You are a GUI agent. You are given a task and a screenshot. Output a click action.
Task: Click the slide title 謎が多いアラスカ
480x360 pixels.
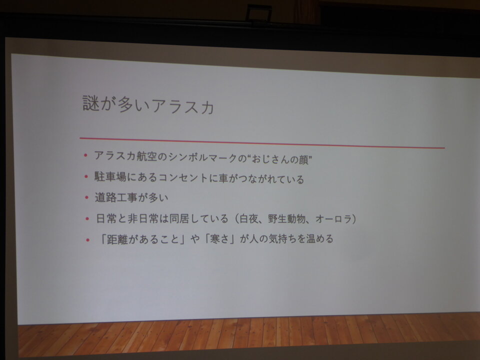(x=148, y=105)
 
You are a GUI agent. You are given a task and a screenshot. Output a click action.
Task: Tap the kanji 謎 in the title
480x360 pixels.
(x=91, y=103)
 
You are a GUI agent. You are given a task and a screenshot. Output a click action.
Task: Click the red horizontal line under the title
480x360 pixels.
(x=262, y=143)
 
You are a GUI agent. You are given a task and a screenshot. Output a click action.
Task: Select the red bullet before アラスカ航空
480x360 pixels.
(x=85, y=155)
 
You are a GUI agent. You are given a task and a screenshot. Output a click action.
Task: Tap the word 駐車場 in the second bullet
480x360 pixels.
(x=110, y=177)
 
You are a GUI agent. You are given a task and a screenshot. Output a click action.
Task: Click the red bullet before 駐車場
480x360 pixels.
(x=86, y=176)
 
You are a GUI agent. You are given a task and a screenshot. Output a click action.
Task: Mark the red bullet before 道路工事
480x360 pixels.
(x=87, y=197)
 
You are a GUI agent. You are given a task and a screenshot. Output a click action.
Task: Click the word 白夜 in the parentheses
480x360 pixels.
(x=248, y=218)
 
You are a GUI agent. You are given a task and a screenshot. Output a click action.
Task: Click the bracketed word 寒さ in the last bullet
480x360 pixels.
(x=219, y=239)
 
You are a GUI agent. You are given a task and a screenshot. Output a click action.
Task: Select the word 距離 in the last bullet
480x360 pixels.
(x=117, y=239)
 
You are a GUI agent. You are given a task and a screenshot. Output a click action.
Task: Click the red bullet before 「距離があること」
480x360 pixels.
(x=88, y=239)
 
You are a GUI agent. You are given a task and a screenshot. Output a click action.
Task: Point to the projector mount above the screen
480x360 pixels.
(x=259, y=14)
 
